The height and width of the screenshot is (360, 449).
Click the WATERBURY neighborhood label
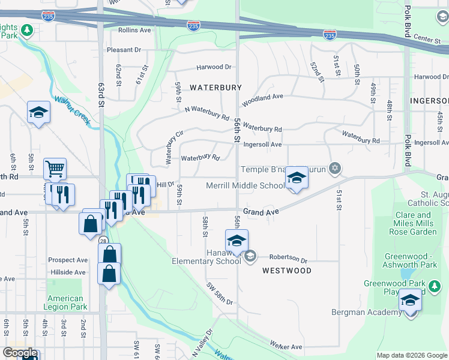tap(215, 88)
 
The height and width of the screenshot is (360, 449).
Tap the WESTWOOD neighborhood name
tap(287, 271)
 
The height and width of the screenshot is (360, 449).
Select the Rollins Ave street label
tap(134, 30)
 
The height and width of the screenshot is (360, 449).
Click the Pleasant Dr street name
tap(124, 50)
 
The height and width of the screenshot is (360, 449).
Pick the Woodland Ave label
tap(262, 97)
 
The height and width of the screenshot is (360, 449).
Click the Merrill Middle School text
tap(245, 185)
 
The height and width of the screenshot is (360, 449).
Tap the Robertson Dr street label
tap(288, 260)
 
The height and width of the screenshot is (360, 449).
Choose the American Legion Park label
tap(65, 302)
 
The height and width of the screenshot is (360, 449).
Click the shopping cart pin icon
tap(55, 169)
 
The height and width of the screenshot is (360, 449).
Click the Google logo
tap(20, 353)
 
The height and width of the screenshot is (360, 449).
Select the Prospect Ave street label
tap(68, 260)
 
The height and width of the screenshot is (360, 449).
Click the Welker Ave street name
tap(286, 347)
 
